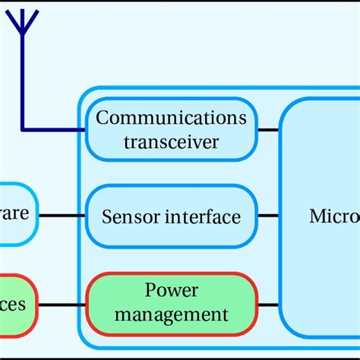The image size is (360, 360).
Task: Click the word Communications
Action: point(172,118)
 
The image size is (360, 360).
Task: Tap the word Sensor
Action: point(127,217)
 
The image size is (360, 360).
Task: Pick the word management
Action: point(172,313)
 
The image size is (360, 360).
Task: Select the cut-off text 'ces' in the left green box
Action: point(13,305)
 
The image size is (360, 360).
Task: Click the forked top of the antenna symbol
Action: point(24,21)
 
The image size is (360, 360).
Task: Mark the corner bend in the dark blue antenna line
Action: point(24,129)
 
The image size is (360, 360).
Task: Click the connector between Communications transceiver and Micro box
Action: point(268,130)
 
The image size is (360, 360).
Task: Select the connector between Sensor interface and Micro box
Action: point(268,216)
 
